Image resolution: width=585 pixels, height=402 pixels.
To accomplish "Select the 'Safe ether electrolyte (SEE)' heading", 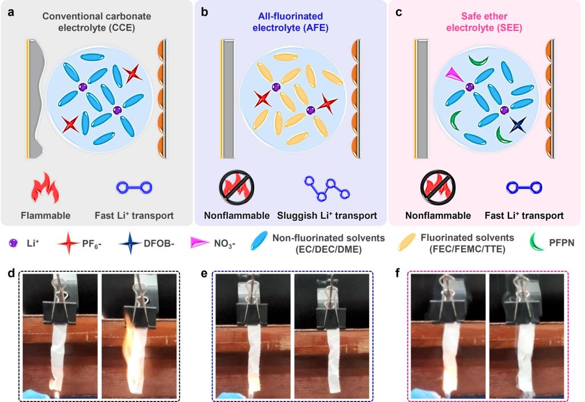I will [484, 22].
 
